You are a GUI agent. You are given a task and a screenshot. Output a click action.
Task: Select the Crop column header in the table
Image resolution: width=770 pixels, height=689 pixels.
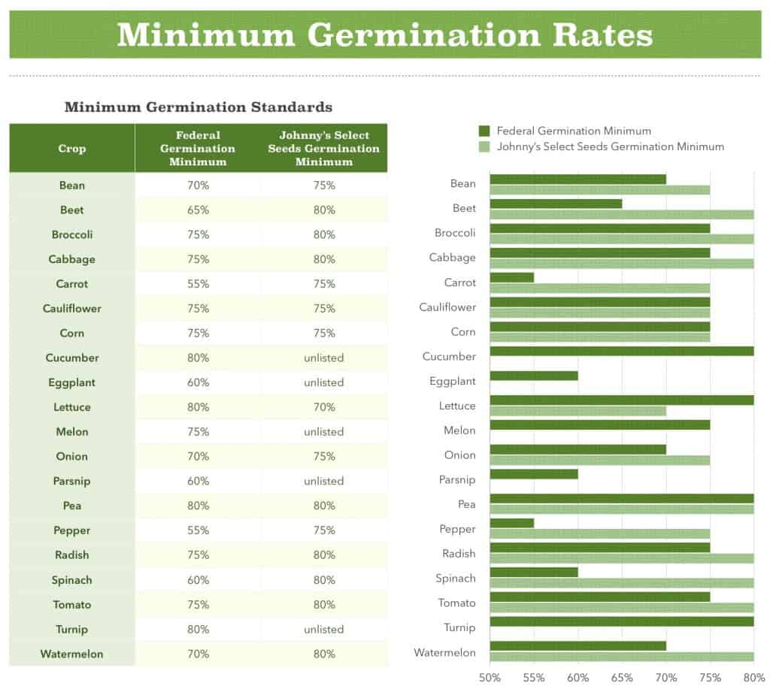(x=72, y=148)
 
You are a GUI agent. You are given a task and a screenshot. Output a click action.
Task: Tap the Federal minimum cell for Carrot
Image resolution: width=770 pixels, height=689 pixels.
(x=199, y=284)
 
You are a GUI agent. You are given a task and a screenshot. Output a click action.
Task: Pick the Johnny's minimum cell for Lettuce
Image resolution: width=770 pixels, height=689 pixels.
(x=324, y=407)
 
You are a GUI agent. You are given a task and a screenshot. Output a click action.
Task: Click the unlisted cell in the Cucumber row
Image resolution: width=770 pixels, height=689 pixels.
(x=324, y=358)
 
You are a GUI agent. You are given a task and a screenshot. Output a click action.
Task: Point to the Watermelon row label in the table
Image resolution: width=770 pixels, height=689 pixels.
(x=72, y=654)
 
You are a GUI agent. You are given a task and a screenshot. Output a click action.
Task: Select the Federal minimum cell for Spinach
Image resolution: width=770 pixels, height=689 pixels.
(x=199, y=580)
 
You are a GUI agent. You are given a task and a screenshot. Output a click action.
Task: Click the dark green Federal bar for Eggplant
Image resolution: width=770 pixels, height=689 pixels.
(x=534, y=376)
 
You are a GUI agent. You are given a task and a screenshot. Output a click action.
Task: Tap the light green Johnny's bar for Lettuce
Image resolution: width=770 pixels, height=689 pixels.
(x=577, y=411)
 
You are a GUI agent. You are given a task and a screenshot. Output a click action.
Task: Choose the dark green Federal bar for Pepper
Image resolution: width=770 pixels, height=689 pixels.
(x=512, y=523)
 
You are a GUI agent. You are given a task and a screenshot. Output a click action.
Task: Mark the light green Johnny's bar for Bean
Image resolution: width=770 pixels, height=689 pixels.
(x=599, y=190)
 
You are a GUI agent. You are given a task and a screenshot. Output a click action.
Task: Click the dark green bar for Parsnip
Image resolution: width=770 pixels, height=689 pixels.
(x=534, y=474)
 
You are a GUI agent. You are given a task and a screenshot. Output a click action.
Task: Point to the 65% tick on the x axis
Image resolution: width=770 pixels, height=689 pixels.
(x=622, y=677)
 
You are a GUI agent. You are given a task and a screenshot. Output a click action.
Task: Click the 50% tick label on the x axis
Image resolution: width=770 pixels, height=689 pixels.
(x=490, y=677)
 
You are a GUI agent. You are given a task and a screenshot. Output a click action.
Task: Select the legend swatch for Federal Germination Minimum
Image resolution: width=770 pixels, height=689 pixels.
(x=484, y=131)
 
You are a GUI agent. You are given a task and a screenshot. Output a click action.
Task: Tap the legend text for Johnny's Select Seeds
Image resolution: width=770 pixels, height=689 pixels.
(x=610, y=147)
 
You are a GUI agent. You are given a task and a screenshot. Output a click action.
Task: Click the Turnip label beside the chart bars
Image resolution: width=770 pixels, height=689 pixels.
(x=459, y=627)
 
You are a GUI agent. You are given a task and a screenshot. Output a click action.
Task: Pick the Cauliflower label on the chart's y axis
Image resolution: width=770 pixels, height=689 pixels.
(x=447, y=307)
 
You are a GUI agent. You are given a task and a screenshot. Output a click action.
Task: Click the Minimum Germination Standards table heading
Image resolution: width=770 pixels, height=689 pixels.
(x=199, y=107)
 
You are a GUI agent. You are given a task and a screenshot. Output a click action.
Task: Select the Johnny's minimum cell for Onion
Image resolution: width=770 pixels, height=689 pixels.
(x=324, y=456)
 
